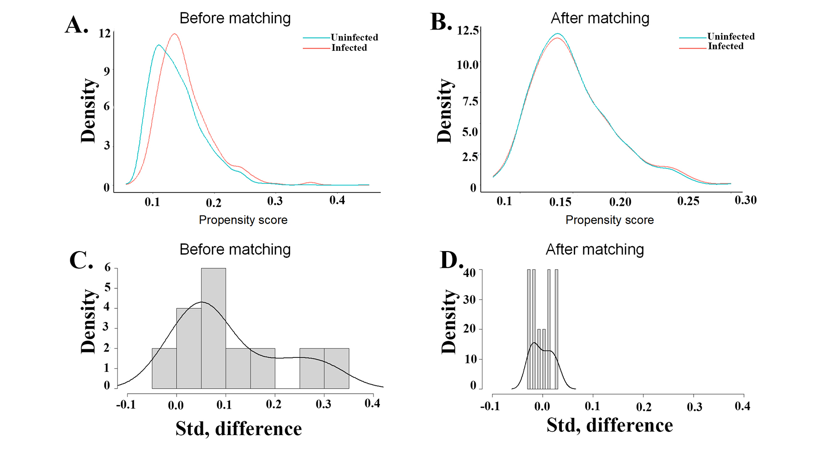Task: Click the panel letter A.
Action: click(76, 25)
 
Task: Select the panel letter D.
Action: click(451, 260)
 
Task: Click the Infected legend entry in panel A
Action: click(349, 48)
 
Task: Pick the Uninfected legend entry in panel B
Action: click(730, 36)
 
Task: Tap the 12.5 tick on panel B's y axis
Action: click(468, 30)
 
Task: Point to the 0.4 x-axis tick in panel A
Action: click(337, 200)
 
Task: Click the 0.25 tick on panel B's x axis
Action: click(688, 201)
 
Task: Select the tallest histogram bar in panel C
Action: click(213, 328)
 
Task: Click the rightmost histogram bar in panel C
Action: click(336, 368)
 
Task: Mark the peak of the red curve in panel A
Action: click(174, 34)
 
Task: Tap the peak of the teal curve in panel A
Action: click(158, 45)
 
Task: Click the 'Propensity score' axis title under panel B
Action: click(609, 220)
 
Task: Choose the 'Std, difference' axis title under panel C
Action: click(238, 429)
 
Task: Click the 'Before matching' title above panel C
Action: click(235, 249)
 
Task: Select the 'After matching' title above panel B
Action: click(600, 18)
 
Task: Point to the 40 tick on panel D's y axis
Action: click(469, 272)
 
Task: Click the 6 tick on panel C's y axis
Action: click(108, 267)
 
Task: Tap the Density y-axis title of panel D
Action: click(448, 321)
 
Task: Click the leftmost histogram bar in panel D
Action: click(529, 329)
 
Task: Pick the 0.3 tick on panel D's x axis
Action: click(694, 406)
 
